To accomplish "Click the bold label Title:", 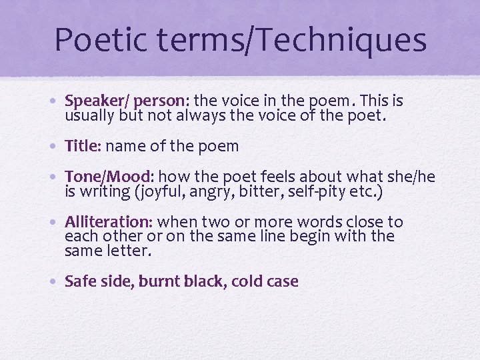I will coord(83,146).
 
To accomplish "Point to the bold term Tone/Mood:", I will coord(110,177).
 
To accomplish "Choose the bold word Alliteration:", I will coord(109,222).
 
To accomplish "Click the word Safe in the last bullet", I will coord(81,281).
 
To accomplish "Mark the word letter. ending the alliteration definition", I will coord(128,251).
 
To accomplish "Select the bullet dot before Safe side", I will coord(57,282).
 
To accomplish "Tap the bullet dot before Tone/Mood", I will coord(57,177).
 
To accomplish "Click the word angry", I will coord(239,191).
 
